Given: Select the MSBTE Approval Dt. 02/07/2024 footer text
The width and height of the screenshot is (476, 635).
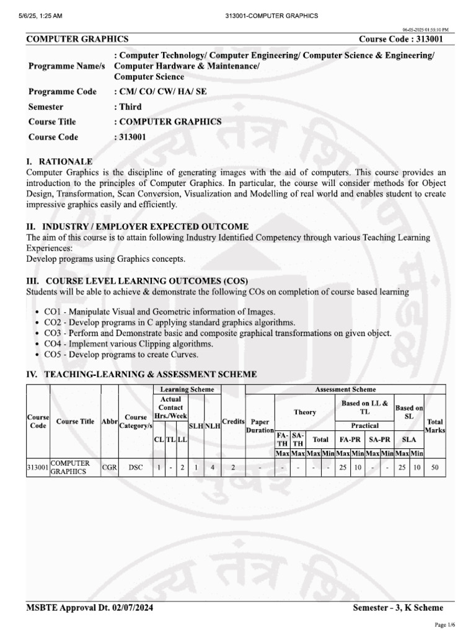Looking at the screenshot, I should coord(89,608).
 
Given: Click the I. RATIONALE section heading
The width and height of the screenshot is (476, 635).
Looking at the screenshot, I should coord(59,161).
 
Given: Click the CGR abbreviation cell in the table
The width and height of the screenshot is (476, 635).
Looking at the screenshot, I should coord(109,468).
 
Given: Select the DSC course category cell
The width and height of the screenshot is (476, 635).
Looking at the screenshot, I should coord(136,468).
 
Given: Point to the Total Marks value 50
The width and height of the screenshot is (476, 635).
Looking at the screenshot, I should coord(434,468).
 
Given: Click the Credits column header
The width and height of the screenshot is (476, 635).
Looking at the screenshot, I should coord(233,421).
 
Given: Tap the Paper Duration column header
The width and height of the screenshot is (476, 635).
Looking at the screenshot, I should coord(260,425).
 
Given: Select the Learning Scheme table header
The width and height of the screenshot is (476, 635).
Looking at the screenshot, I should coord(187,389).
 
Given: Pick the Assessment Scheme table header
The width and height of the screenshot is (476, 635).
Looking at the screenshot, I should coord(345,389).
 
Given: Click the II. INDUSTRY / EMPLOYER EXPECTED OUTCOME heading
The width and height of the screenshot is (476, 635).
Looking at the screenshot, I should coord(137,226).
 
